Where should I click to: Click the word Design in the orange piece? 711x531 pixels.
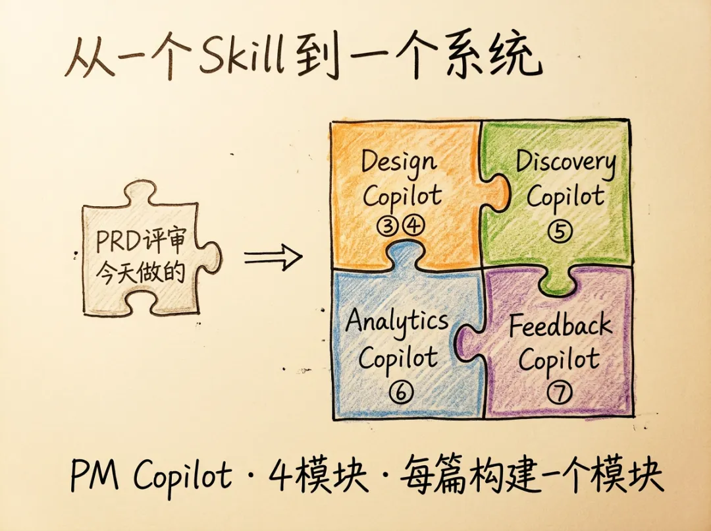398,161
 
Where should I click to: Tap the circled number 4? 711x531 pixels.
413,226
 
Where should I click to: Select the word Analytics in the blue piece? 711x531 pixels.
397,321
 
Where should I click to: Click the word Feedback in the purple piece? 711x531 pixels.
560,326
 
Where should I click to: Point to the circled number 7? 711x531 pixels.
559,393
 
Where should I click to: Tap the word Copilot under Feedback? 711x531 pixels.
559,360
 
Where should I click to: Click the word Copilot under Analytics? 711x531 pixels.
398,359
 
